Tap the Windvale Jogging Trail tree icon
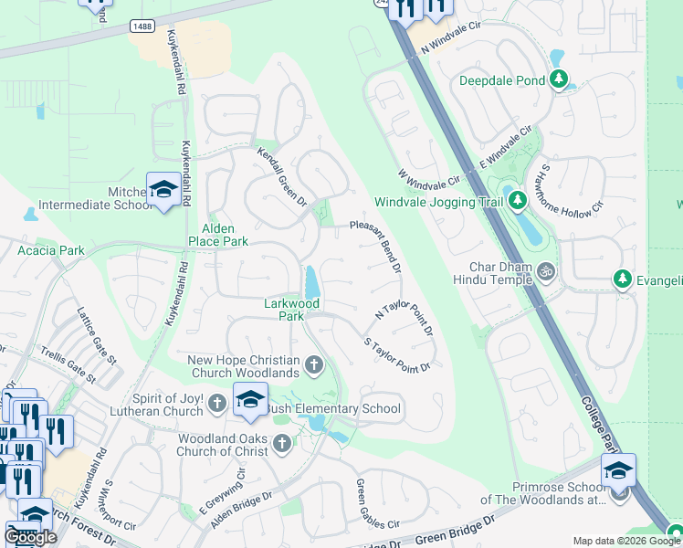coord(518,199)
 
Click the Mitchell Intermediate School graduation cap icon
coord(163,189)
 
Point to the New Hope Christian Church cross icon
coord(314,366)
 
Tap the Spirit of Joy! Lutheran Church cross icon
coord(216,403)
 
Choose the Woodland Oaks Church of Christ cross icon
coord(282,444)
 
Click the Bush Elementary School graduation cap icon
coord(250,399)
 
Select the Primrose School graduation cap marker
coord(617,470)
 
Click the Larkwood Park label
coord(284,309)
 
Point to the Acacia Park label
coord(51,249)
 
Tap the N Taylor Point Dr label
coord(404,320)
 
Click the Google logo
coord(31,537)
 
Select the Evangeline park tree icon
coord(624,278)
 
